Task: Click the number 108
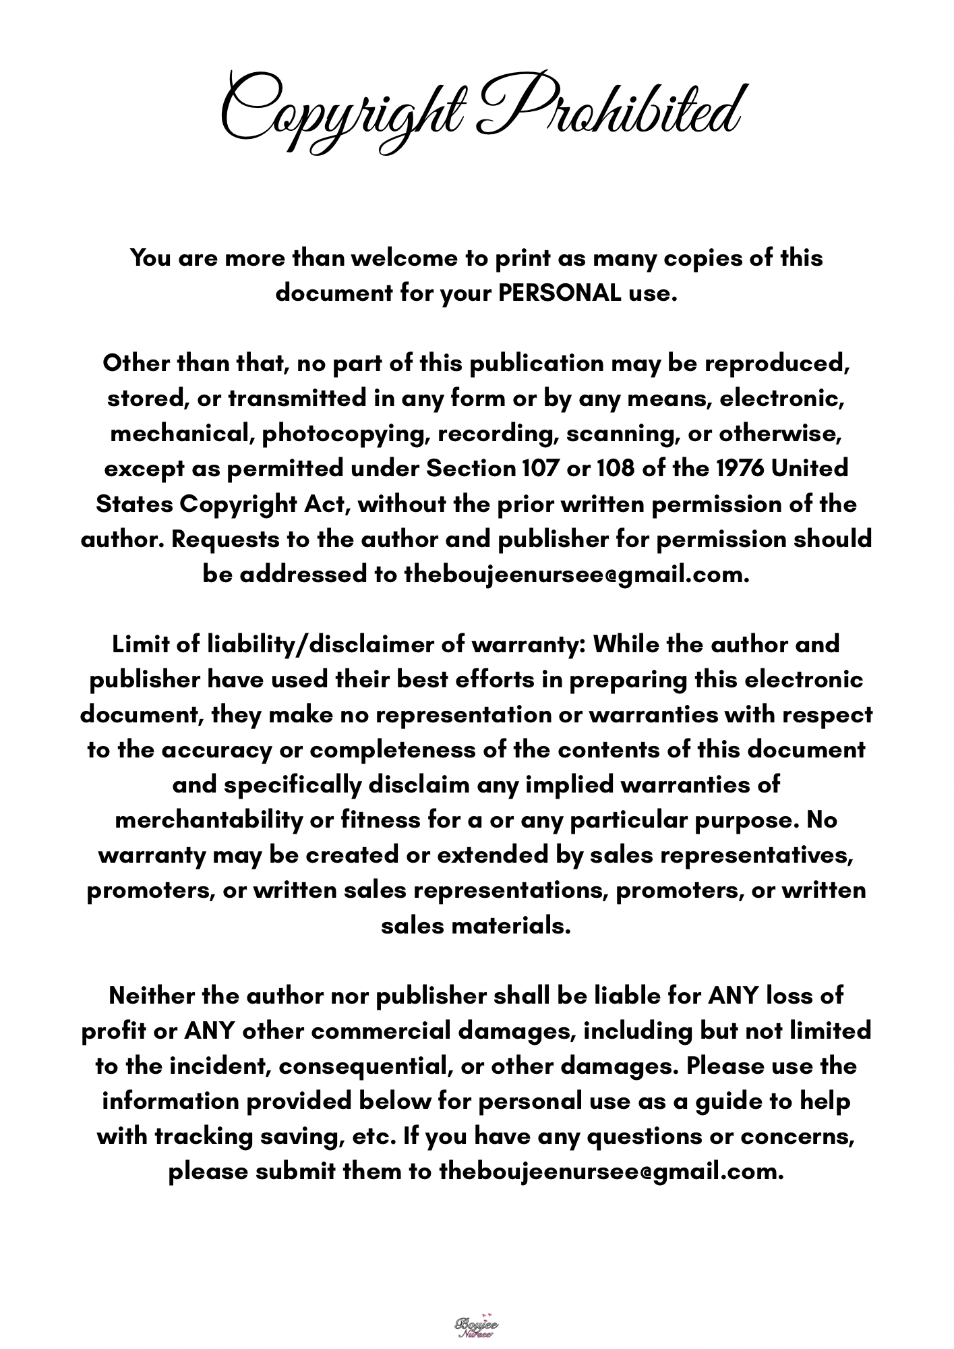[x=616, y=468]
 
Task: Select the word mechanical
[x=182, y=434]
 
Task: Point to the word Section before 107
[x=471, y=468]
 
